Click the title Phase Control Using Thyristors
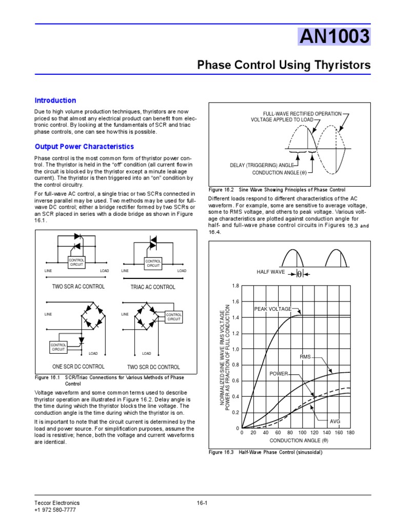point(284,65)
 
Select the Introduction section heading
point(55,100)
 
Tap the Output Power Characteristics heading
point(84,147)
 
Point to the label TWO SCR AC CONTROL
point(78,287)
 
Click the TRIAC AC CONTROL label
point(153,287)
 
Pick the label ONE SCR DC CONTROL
point(78,367)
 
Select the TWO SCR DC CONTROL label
point(153,367)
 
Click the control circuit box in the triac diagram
point(153,263)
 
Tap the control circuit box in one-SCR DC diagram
point(58,347)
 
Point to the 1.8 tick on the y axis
point(235,286)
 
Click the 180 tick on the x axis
point(350,433)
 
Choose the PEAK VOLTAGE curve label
point(272,309)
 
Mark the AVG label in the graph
point(335,421)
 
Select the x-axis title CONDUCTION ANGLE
point(299,440)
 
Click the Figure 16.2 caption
point(277,189)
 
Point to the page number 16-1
point(202,503)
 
